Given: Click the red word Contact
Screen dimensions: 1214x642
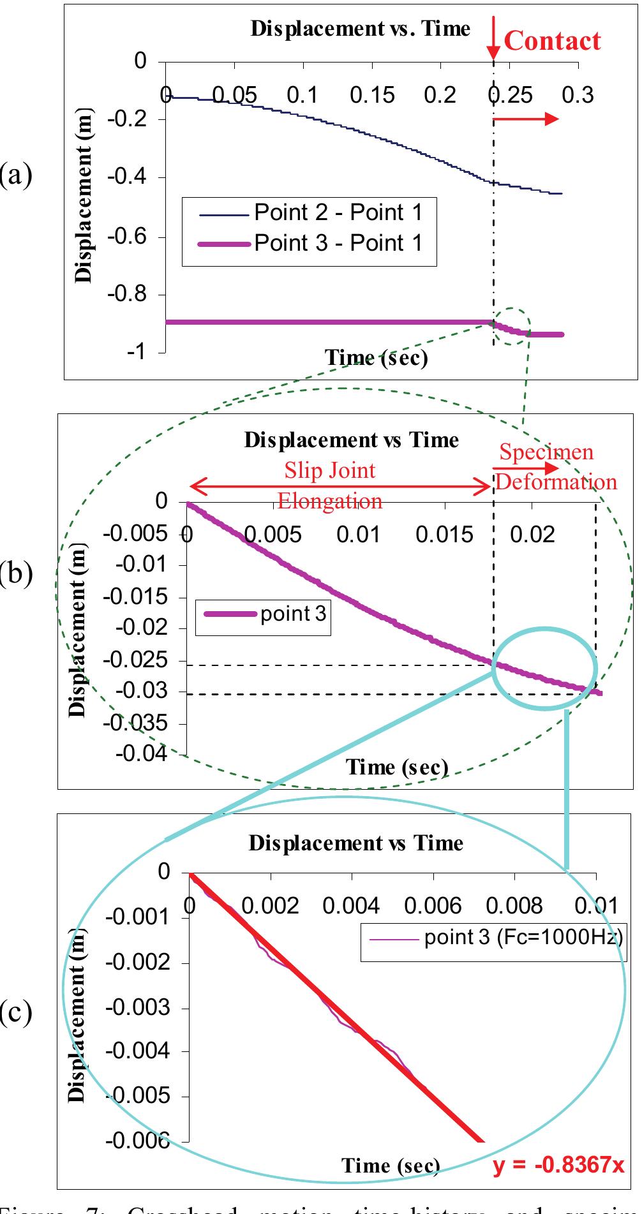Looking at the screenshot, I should (x=552, y=41).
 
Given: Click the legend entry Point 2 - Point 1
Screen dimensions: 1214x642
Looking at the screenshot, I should (x=338, y=212).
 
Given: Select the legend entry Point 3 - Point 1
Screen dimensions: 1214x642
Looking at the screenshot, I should (x=338, y=243).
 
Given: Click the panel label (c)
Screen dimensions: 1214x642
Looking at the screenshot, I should (x=16, y=1012).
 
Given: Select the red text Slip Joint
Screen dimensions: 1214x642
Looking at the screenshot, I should (x=330, y=471).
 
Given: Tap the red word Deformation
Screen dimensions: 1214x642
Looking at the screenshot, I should (x=556, y=482).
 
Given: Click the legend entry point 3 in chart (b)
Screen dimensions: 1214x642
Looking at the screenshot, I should (x=293, y=614).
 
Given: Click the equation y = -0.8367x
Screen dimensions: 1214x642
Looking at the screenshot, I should (x=558, y=1165).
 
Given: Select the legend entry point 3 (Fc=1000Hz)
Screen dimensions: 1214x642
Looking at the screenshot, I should (x=523, y=937).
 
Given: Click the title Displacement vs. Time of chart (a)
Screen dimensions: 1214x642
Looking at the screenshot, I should (x=361, y=29).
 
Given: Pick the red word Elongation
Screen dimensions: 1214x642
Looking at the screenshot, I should (x=330, y=501).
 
